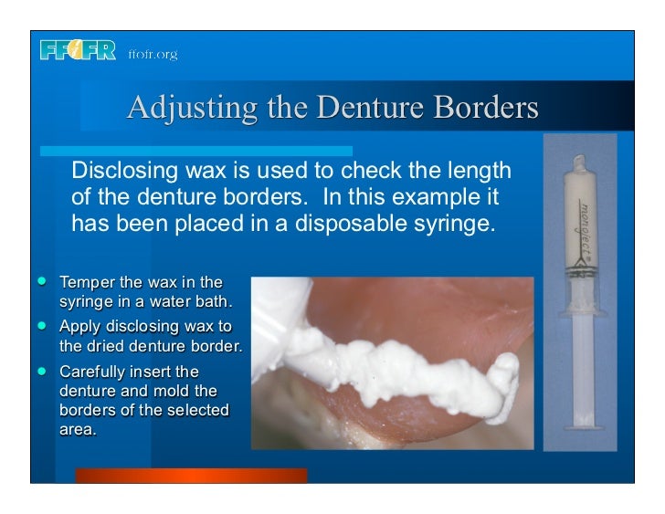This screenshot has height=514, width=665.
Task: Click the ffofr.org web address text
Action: tap(153, 54)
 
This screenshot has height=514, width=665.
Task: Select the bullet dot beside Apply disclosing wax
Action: tap(43, 324)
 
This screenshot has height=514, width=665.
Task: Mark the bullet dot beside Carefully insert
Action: tap(43, 370)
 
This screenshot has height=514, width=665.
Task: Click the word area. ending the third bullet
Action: tap(77, 429)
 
